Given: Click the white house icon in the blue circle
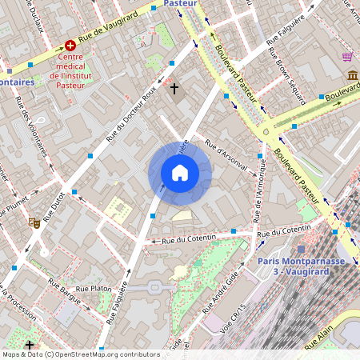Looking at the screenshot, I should pos(180,173).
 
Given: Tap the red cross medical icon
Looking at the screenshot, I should pos(70,46).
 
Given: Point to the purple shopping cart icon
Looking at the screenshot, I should pos(347,57).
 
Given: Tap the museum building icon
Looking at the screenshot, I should pos(352,75).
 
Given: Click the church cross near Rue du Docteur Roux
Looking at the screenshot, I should pos(174,88).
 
